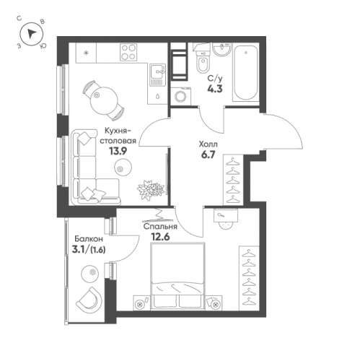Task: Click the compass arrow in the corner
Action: click(x=31, y=33)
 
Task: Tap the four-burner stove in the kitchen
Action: click(x=128, y=52)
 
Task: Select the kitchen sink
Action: click(x=158, y=75)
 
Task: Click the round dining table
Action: click(x=104, y=101)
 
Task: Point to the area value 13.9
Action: click(x=118, y=152)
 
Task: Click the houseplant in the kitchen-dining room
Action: click(x=151, y=190)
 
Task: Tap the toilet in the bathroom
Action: click(x=202, y=61)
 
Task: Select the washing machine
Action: click(x=181, y=96)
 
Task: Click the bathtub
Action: click(x=245, y=73)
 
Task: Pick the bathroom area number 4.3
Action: click(x=215, y=89)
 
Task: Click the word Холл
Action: click(x=208, y=144)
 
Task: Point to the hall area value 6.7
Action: click(x=208, y=155)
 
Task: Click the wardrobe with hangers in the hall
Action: click(x=233, y=180)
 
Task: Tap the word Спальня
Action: click(x=160, y=227)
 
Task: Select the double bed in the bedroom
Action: click(x=177, y=276)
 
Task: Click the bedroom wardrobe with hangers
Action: click(x=249, y=278)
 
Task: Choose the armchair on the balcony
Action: click(x=88, y=300)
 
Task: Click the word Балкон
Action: click(x=89, y=239)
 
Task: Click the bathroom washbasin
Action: click(x=222, y=49)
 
